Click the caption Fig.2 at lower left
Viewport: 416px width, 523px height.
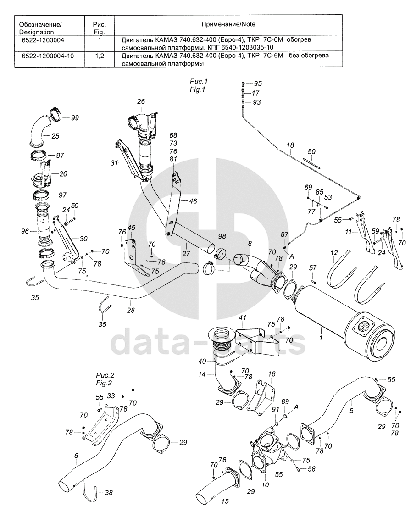pyautogui.click(x=105, y=382)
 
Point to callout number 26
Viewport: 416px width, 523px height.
pyautogui.click(x=141, y=101)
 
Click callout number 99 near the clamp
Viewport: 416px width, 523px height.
pyautogui.click(x=75, y=118)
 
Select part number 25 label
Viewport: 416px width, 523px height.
pyautogui.click(x=55, y=136)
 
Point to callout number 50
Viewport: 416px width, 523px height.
pyautogui.click(x=311, y=151)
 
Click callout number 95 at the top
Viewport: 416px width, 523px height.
pyautogui.click(x=258, y=83)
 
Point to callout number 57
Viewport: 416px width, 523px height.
pyautogui.click(x=313, y=267)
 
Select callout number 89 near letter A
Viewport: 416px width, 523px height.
pyautogui.click(x=285, y=402)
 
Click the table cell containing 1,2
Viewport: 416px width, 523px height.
pyautogui.click(x=100, y=56)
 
